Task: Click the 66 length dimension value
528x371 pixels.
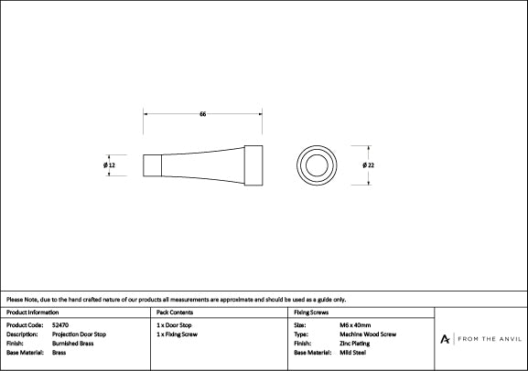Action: (x=203, y=114)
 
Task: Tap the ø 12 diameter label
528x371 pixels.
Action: (x=109, y=165)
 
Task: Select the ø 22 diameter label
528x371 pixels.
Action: (x=369, y=165)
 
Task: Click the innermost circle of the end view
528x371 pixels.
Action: (x=317, y=155)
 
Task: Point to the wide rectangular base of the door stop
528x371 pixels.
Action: (x=253, y=165)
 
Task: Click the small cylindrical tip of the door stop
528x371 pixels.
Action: (x=152, y=165)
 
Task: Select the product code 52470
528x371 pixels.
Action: (x=60, y=325)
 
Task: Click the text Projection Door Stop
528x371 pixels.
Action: (x=79, y=334)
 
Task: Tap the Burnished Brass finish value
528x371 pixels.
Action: (x=72, y=344)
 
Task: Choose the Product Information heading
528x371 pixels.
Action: (x=32, y=313)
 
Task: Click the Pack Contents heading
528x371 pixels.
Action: (x=175, y=313)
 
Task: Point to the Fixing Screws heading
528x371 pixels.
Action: (x=311, y=313)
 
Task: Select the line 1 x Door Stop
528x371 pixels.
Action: (x=174, y=325)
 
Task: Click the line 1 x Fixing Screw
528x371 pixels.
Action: (x=178, y=334)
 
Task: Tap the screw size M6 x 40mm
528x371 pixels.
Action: (x=355, y=325)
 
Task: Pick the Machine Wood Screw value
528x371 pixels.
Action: (x=368, y=334)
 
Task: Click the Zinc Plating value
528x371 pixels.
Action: (x=354, y=344)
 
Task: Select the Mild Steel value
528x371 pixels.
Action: (x=352, y=353)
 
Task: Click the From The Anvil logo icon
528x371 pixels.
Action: (x=445, y=339)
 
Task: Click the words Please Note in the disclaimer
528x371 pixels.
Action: (x=22, y=300)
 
